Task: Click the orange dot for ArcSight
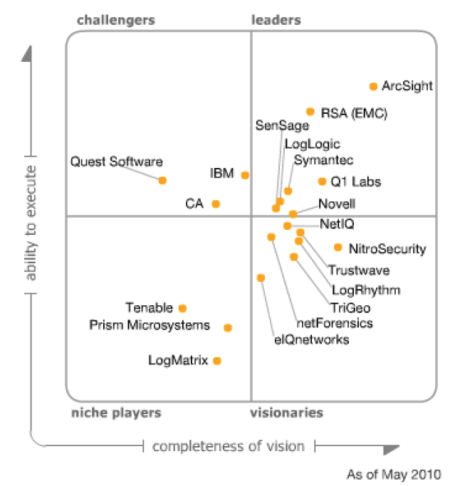coord(372,86)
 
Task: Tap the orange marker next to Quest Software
coord(162,180)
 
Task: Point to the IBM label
coord(222,173)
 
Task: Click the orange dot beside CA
coord(216,204)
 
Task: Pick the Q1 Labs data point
coord(322,181)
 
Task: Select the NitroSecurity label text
coord(387,248)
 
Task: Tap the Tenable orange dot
coord(182,308)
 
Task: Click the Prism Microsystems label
coord(150,325)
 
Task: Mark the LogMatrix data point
coord(217,361)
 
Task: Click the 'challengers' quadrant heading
coord(116,20)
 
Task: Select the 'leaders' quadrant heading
coord(276,20)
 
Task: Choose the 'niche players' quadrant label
coord(115,413)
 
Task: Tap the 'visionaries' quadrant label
coord(287,413)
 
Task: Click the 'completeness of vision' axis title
coord(229,447)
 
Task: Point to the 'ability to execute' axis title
coord(31,222)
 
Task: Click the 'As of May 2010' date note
coord(394,474)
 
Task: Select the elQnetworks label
coord(312,339)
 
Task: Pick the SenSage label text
coord(283,125)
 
